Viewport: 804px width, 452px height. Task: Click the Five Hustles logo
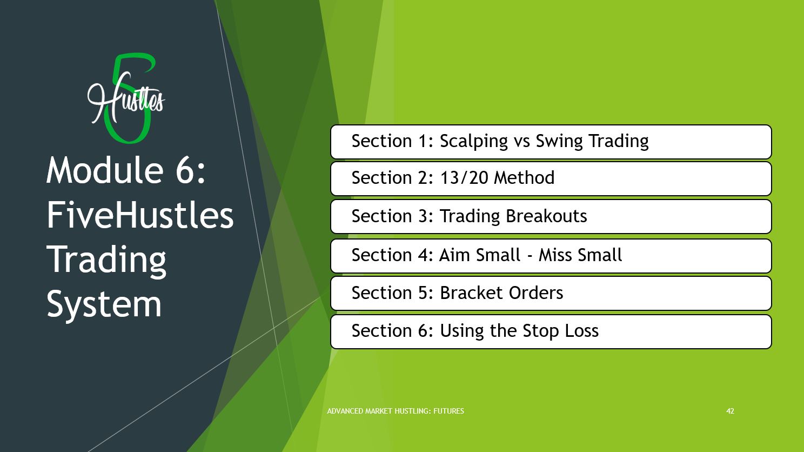pyautogui.click(x=126, y=98)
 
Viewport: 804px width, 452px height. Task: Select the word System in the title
pyautogui.click(x=104, y=305)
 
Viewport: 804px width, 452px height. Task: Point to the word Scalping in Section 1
pyautogui.click(x=474, y=141)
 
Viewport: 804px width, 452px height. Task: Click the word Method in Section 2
pyautogui.click(x=524, y=177)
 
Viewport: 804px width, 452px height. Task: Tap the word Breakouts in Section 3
pyautogui.click(x=546, y=216)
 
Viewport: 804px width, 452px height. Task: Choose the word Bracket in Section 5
pyautogui.click(x=471, y=293)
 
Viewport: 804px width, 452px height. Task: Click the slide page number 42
pyautogui.click(x=730, y=411)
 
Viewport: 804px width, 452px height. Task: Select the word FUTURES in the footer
pyautogui.click(x=448, y=411)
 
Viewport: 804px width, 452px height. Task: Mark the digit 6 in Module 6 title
pyautogui.click(x=185, y=170)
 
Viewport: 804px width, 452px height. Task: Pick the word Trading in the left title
pyautogui.click(x=106, y=261)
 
